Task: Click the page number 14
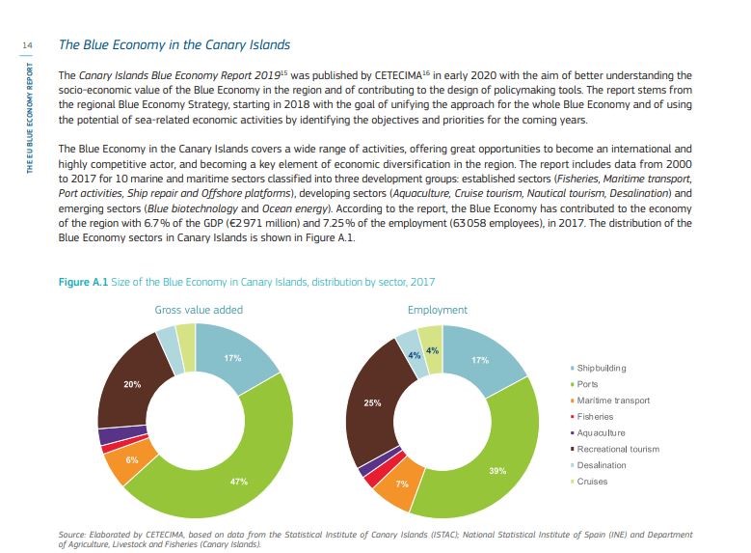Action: pyautogui.click(x=27, y=45)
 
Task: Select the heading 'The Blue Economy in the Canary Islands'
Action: pyautogui.click(x=174, y=45)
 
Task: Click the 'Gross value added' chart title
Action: pyautogui.click(x=199, y=310)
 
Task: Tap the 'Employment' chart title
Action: pyautogui.click(x=438, y=310)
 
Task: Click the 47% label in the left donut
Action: pyautogui.click(x=239, y=481)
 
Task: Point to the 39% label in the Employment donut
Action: pyautogui.click(x=497, y=471)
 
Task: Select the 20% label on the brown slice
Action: pyautogui.click(x=132, y=384)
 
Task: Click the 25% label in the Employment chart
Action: pyautogui.click(x=372, y=402)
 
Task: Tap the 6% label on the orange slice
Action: pyautogui.click(x=132, y=460)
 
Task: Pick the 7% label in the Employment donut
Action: pyautogui.click(x=402, y=484)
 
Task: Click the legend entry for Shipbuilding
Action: pyautogui.click(x=599, y=368)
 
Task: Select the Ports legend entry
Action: pyautogui.click(x=584, y=384)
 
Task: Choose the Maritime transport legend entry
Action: pyautogui.click(x=610, y=401)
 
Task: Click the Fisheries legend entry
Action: pyautogui.click(x=592, y=417)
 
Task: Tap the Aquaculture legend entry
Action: pyautogui.click(x=598, y=432)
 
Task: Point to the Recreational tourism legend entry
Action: pyautogui.click(x=615, y=449)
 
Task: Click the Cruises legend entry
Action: pyautogui.click(x=589, y=482)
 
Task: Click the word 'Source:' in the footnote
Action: pyautogui.click(x=72, y=535)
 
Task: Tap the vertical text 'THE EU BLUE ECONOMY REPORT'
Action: pyautogui.click(x=30, y=118)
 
